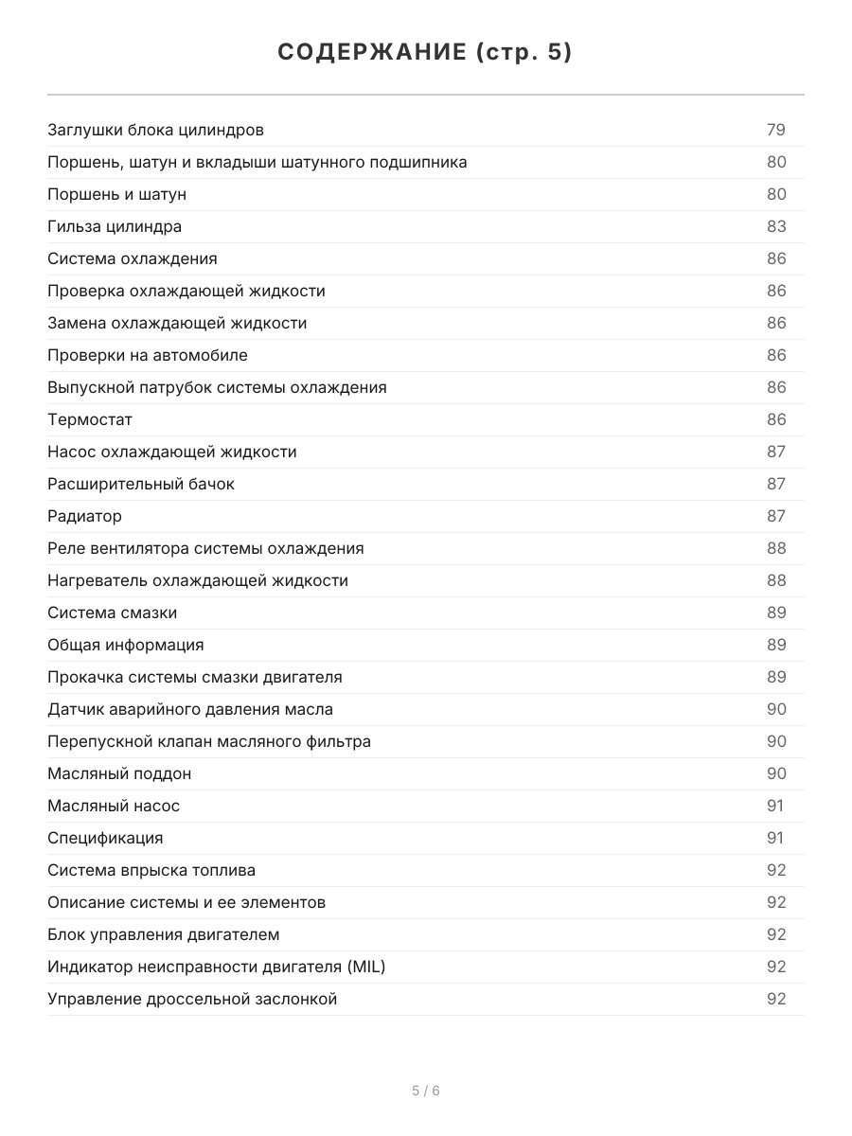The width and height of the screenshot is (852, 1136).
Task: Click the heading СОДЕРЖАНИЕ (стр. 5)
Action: click(425, 53)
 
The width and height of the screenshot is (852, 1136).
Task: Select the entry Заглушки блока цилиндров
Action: click(155, 130)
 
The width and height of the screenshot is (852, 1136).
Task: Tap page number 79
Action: click(776, 130)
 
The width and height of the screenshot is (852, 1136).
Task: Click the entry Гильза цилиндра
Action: click(115, 226)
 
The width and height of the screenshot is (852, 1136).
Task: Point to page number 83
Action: click(776, 226)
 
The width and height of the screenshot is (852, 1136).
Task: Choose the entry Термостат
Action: click(90, 419)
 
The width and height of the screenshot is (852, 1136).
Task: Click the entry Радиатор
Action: click(85, 516)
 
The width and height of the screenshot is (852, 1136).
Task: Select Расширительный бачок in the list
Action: click(141, 484)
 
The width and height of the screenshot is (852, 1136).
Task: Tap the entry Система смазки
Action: click(113, 612)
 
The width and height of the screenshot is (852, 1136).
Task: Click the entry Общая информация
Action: click(126, 645)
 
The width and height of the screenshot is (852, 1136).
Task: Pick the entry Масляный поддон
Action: click(119, 773)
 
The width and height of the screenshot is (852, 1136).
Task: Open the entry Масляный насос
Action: click(114, 806)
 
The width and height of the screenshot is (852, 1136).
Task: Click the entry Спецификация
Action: click(105, 838)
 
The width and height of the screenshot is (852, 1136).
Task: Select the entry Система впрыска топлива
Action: click(151, 870)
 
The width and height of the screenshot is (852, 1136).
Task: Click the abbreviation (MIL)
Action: click(365, 967)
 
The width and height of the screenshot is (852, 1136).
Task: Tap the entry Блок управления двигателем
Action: click(164, 934)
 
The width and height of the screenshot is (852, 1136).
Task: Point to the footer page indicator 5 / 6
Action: click(426, 1091)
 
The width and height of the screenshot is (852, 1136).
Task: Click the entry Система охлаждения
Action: click(133, 258)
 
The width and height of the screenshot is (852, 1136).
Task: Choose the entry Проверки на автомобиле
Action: click(148, 355)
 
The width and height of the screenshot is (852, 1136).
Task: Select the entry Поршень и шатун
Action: click(116, 194)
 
